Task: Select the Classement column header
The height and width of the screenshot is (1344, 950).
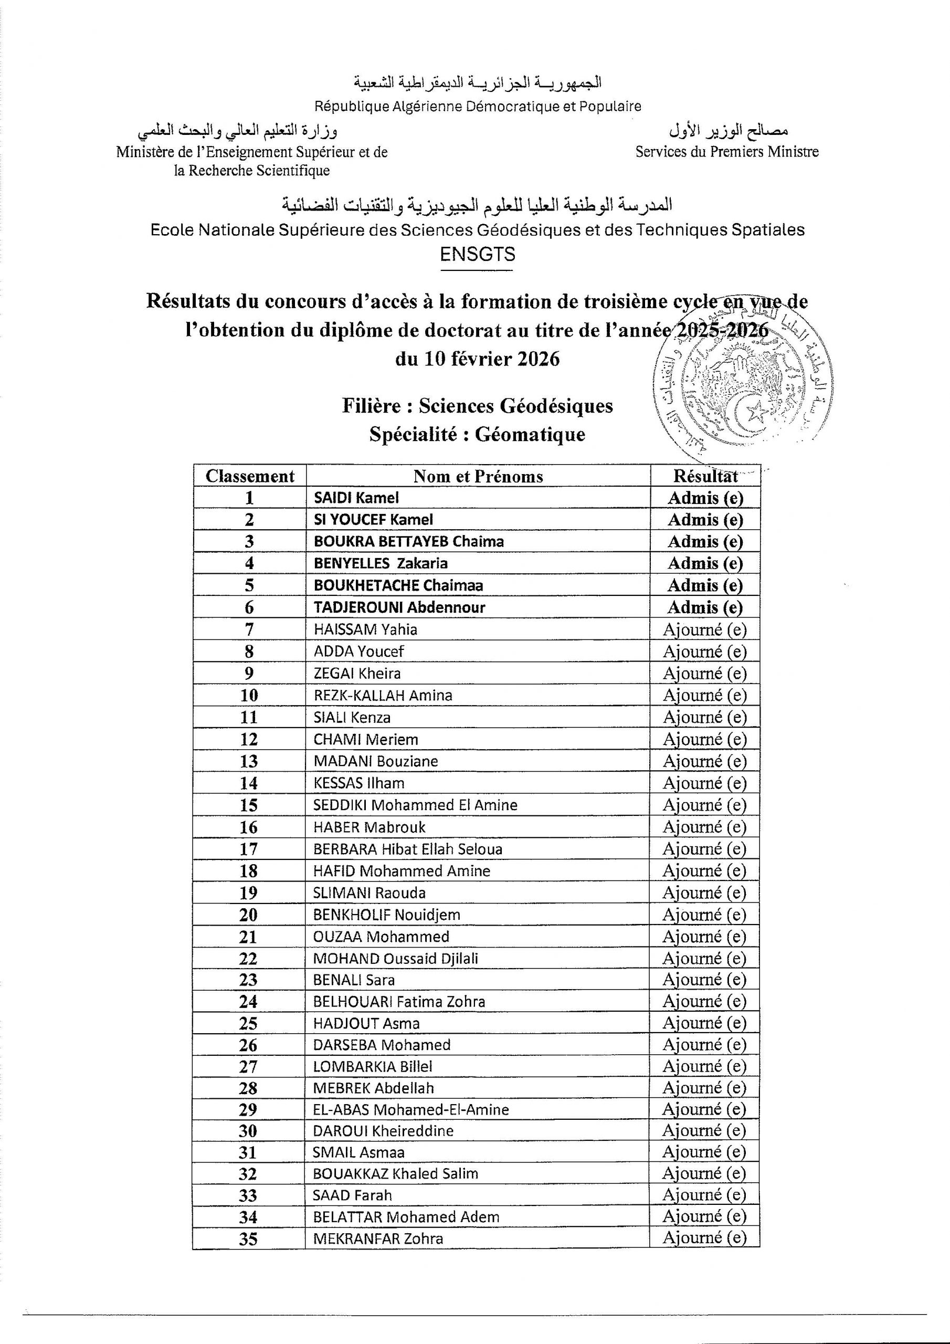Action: [x=250, y=476]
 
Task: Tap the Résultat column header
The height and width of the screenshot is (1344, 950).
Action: [x=705, y=475]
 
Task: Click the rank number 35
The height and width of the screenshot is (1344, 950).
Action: [x=248, y=1238]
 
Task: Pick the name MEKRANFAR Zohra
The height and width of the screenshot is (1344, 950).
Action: [x=378, y=1238]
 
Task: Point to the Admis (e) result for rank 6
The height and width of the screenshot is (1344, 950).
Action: [x=705, y=607]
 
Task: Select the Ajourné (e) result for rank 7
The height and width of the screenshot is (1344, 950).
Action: [x=705, y=629]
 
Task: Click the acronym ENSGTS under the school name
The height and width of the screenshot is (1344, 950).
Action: [x=477, y=254]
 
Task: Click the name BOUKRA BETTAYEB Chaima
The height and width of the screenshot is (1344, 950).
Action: [x=408, y=541]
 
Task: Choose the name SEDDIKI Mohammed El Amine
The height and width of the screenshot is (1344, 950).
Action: [x=415, y=805]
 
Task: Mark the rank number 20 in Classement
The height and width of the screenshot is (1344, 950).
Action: [x=248, y=915]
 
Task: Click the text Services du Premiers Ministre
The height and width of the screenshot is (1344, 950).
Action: [x=727, y=152]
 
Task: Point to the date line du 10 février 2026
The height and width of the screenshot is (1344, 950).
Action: [x=477, y=358]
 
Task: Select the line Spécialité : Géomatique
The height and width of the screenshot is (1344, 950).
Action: [x=477, y=434]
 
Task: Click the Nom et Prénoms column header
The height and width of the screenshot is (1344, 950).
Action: [x=478, y=476]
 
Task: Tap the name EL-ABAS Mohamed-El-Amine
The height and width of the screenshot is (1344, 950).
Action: [x=411, y=1109]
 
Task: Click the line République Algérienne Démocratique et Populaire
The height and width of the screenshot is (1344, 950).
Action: [x=478, y=107]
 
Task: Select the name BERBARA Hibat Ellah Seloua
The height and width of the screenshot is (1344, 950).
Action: [x=407, y=849]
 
